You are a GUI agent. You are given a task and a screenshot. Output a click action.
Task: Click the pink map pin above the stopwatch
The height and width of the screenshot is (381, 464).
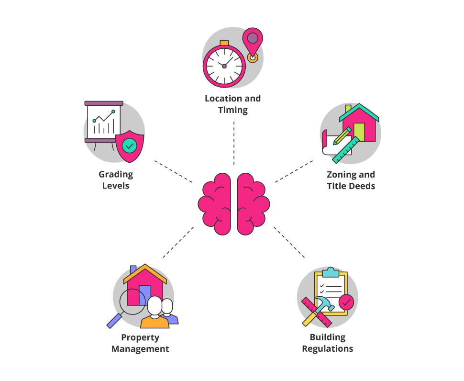click(252, 41)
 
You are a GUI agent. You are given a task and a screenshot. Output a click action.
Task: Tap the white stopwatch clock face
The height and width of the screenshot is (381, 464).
click(223, 66)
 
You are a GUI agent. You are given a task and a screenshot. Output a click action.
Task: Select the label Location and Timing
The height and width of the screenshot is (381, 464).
click(232, 104)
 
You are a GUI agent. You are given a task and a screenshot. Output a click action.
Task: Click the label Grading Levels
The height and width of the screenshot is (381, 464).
click(116, 180)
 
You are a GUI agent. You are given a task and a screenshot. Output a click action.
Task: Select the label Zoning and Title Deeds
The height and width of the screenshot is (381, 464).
click(351, 180)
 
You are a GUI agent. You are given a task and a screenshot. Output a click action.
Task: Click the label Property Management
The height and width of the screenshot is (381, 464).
click(140, 343)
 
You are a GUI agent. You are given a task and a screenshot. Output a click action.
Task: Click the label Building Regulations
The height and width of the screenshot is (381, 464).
click(327, 343)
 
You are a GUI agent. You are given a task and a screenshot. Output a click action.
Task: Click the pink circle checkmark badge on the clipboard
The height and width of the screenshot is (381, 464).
click(346, 302)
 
